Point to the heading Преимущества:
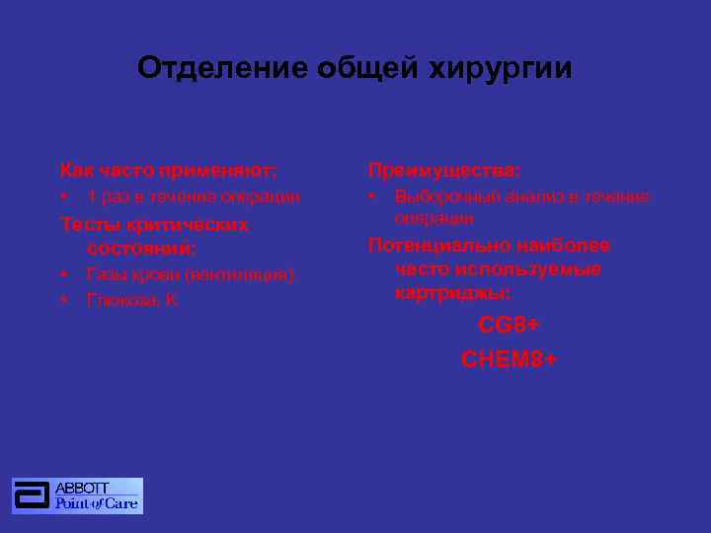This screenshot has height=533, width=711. [444, 170]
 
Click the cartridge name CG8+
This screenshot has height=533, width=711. [509, 325]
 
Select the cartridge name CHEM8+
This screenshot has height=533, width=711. [509, 359]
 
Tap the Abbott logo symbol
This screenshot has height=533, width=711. [33, 495]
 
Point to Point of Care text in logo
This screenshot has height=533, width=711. [97, 503]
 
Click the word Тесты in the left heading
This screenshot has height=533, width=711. [87, 225]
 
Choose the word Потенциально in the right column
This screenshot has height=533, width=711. [431, 245]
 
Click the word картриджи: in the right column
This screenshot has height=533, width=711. [452, 293]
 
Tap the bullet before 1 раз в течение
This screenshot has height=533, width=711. [64, 196]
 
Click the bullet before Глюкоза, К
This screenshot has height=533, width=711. [64, 299]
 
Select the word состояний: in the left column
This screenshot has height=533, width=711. [141, 249]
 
